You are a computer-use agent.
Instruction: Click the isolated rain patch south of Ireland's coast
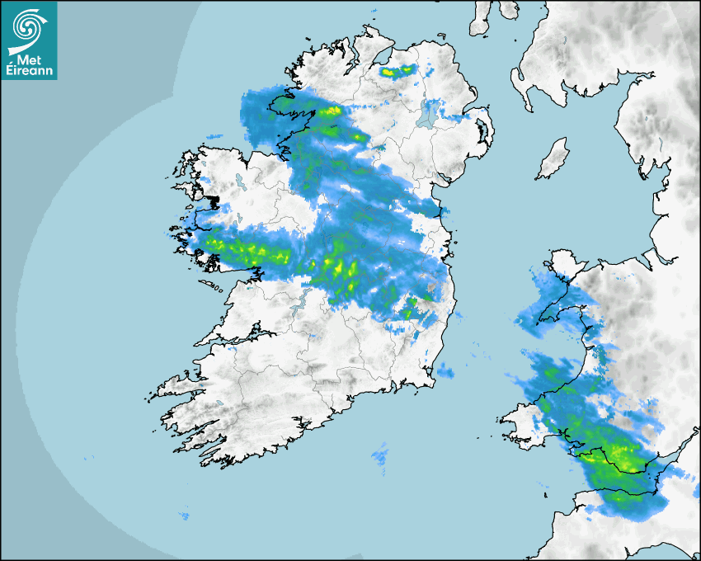click(x=380, y=452)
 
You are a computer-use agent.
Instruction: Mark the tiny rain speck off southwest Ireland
click(x=185, y=516)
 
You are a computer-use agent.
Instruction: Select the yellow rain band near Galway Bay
click(x=243, y=250)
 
